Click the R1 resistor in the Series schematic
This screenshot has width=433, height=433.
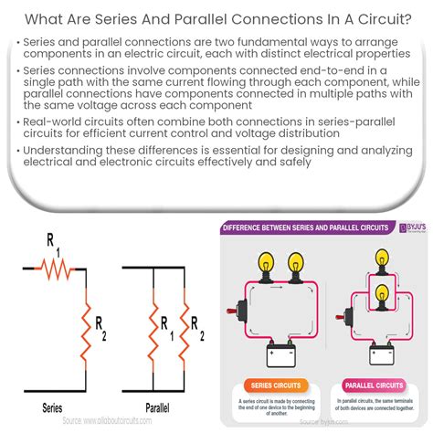(52, 267)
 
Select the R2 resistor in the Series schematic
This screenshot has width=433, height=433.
(89, 323)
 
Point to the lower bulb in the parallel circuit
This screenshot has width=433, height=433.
(376, 287)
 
